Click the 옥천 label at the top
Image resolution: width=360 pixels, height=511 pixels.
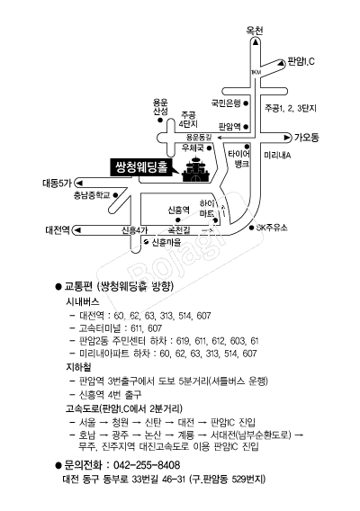pos(255,31)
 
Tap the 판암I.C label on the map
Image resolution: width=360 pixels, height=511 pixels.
pos(301,61)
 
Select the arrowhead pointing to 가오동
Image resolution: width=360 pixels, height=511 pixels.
pos(287,138)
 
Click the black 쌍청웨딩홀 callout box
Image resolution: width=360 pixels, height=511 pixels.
pos(140,167)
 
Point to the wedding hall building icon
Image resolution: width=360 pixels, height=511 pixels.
pos(196,169)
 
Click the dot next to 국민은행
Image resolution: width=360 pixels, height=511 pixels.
pos(246,103)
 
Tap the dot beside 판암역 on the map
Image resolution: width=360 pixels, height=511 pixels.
pos(246,127)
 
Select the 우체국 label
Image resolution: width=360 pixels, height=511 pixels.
pos(193,148)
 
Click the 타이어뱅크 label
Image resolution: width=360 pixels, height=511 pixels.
pos(239,158)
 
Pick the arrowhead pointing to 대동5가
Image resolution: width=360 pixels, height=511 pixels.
pos(79,182)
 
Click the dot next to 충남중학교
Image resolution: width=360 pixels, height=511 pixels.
pos(115,195)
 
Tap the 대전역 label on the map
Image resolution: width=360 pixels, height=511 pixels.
pos(58,230)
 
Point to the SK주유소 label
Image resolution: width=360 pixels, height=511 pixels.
pos(272,228)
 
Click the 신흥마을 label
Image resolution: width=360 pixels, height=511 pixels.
pos(166,243)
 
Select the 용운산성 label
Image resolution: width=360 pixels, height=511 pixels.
pos(160,107)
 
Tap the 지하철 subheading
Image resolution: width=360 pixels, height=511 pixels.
pos(78,367)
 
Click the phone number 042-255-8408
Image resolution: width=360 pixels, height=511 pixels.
pos(147,465)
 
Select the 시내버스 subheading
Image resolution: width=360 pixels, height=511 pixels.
pos(83,301)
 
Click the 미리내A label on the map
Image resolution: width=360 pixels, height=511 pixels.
pos(277,156)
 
